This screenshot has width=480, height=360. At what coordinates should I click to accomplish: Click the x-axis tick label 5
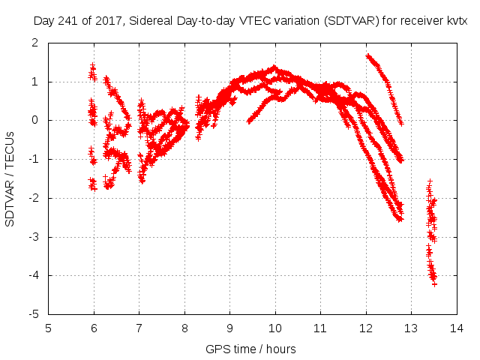click(x=49, y=328)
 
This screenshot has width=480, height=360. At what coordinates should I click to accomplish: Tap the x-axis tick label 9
click(x=230, y=328)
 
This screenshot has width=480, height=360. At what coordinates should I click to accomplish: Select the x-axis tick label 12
click(x=366, y=328)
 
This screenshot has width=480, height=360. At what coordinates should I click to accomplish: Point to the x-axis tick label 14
click(x=457, y=328)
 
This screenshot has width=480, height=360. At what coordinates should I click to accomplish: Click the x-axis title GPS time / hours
click(x=251, y=349)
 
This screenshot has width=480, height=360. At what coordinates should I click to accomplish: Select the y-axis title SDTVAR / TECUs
click(x=10, y=178)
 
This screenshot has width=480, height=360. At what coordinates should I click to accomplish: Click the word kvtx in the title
click(x=457, y=21)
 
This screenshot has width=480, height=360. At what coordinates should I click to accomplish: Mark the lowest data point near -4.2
click(x=434, y=283)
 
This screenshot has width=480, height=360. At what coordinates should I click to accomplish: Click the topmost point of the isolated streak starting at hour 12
click(x=367, y=55)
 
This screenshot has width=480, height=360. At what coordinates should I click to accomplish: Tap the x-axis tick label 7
click(x=139, y=328)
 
